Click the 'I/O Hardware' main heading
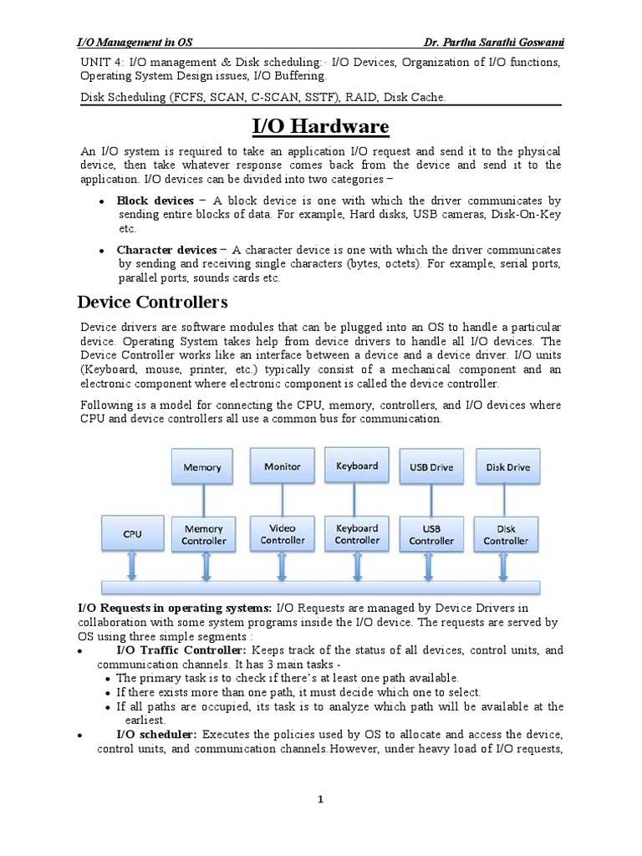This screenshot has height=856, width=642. (x=320, y=126)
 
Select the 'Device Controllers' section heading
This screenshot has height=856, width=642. (x=152, y=301)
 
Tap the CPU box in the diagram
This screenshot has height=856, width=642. (x=132, y=533)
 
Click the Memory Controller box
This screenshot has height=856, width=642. (x=203, y=535)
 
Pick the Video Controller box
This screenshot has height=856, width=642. (x=283, y=534)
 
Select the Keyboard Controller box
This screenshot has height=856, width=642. (x=357, y=534)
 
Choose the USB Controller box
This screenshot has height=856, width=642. (x=431, y=535)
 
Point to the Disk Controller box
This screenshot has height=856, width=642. (x=506, y=535)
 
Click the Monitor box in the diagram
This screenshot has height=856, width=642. (x=283, y=466)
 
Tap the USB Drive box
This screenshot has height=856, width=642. (x=431, y=467)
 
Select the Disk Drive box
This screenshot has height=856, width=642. (x=507, y=467)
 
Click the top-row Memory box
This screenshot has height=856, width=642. (x=202, y=467)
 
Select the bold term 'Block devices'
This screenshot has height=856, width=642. (x=155, y=201)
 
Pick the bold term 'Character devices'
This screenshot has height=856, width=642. (x=166, y=250)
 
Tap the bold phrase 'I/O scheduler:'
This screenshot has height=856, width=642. (x=156, y=734)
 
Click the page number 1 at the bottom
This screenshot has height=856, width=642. (x=320, y=800)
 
